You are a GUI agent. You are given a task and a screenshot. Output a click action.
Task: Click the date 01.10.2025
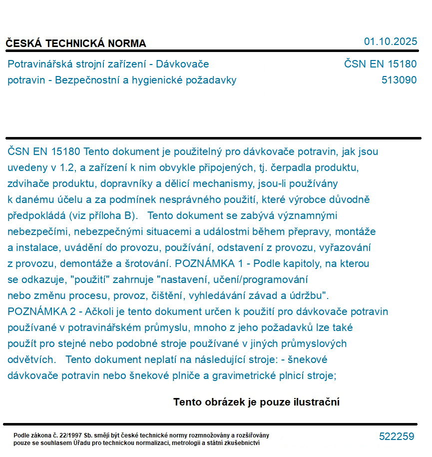pyautogui.click(x=390, y=41)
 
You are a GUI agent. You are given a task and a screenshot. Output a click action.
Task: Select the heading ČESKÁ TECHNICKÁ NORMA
pyautogui.click(x=76, y=43)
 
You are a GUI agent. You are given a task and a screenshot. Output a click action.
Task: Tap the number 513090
pyautogui.click(x=399, y=80)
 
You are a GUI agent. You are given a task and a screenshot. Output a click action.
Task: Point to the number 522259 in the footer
pyautogui.click(x=396, y=436)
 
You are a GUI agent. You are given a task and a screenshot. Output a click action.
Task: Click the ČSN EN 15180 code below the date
pyautogui.click(x=380, y=64)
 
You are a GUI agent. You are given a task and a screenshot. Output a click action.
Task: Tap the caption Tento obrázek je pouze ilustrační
pyautogui.click(x=256, y=402)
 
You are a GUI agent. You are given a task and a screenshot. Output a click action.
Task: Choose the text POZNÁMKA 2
pyautogui.click(x=42, y=311)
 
